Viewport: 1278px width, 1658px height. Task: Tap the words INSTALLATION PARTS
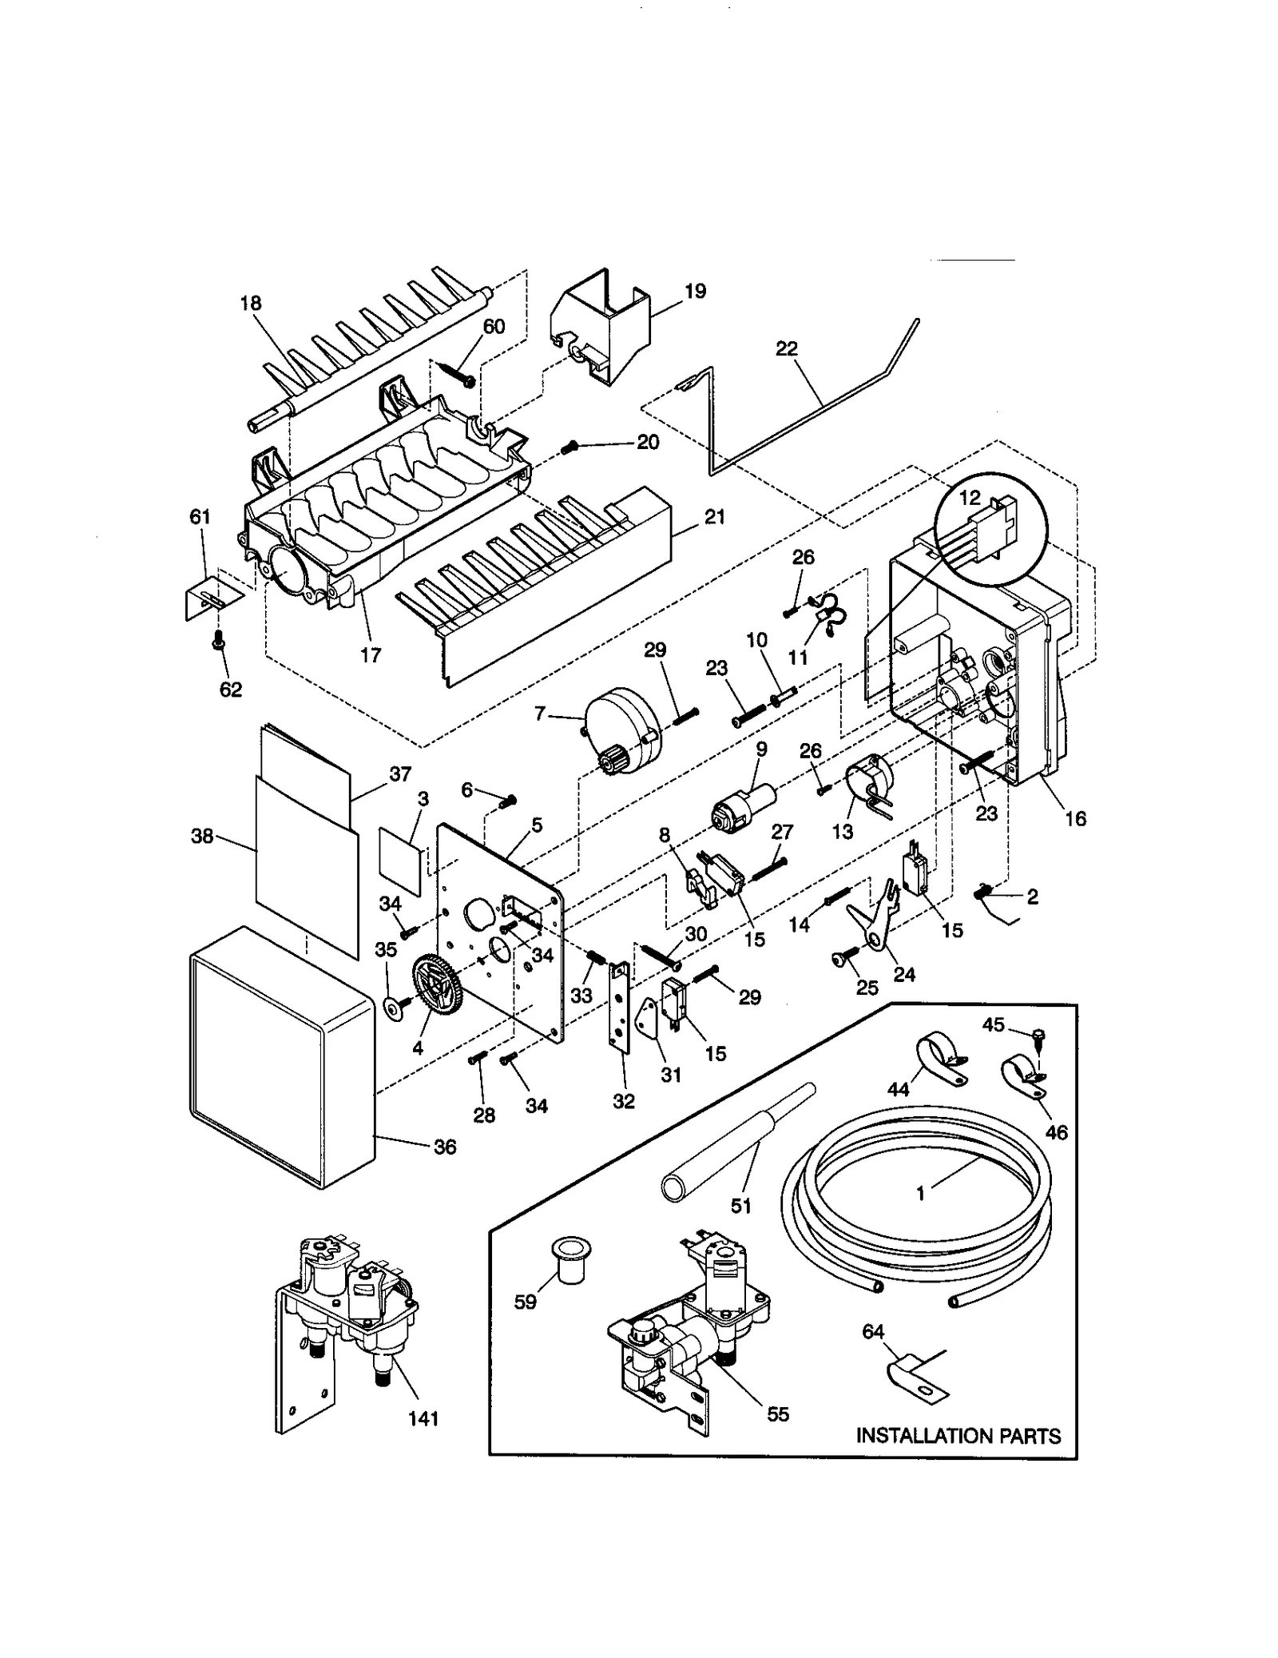point(958,1436)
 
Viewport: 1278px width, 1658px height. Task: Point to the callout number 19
point(695,291)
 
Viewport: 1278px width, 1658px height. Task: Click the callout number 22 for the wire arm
point(786,348)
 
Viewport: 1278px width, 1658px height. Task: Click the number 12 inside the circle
point(969,497)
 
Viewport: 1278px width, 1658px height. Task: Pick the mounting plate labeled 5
point(499,927)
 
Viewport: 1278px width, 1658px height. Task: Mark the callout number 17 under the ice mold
point(370,655)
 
